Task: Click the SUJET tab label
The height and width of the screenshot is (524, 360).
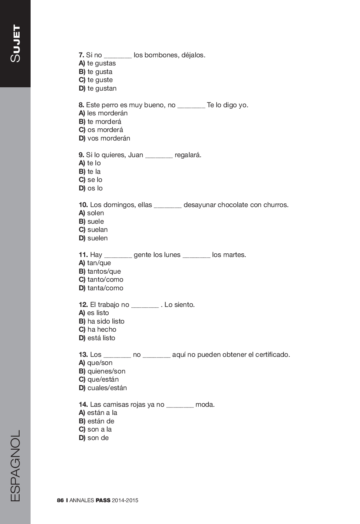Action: [x=16, y=43]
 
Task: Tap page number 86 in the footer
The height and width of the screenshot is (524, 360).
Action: [x=60, y=500]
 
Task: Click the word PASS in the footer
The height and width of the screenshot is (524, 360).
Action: [x=103, y=500]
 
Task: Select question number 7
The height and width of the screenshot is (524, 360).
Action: [x=81, y=55]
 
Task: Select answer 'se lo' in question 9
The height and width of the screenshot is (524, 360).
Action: [x=95, y=180]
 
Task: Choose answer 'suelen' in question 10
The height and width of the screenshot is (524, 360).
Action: [x=98, y=238]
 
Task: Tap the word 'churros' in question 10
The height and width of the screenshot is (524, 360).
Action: [x=275, y=205]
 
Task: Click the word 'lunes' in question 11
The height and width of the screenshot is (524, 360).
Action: [x=171, y=255]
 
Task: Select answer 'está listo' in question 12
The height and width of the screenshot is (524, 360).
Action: [x=101, y=338]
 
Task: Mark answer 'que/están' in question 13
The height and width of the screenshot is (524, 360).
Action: [x=103, y=379]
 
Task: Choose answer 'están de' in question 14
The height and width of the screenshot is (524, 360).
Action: [x=101, y=421]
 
